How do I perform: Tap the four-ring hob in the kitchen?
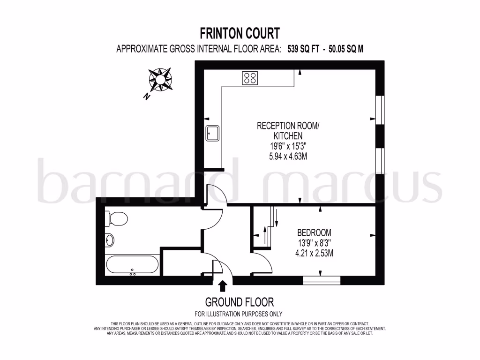pos(250,78)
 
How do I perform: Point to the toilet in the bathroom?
pos(118,218)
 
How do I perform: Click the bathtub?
pos(132,265)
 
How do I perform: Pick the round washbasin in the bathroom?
pos(110,240)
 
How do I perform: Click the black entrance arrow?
pos(223,285)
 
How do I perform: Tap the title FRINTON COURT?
pos(240,33)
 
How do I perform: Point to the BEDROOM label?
pos(314,232)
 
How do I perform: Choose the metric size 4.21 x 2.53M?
pos(314,254)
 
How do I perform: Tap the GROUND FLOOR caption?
pos(239,302)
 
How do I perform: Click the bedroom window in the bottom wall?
pos(321,280)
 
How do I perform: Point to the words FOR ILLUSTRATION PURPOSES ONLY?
pos(239,314)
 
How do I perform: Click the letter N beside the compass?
pos(147,97)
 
